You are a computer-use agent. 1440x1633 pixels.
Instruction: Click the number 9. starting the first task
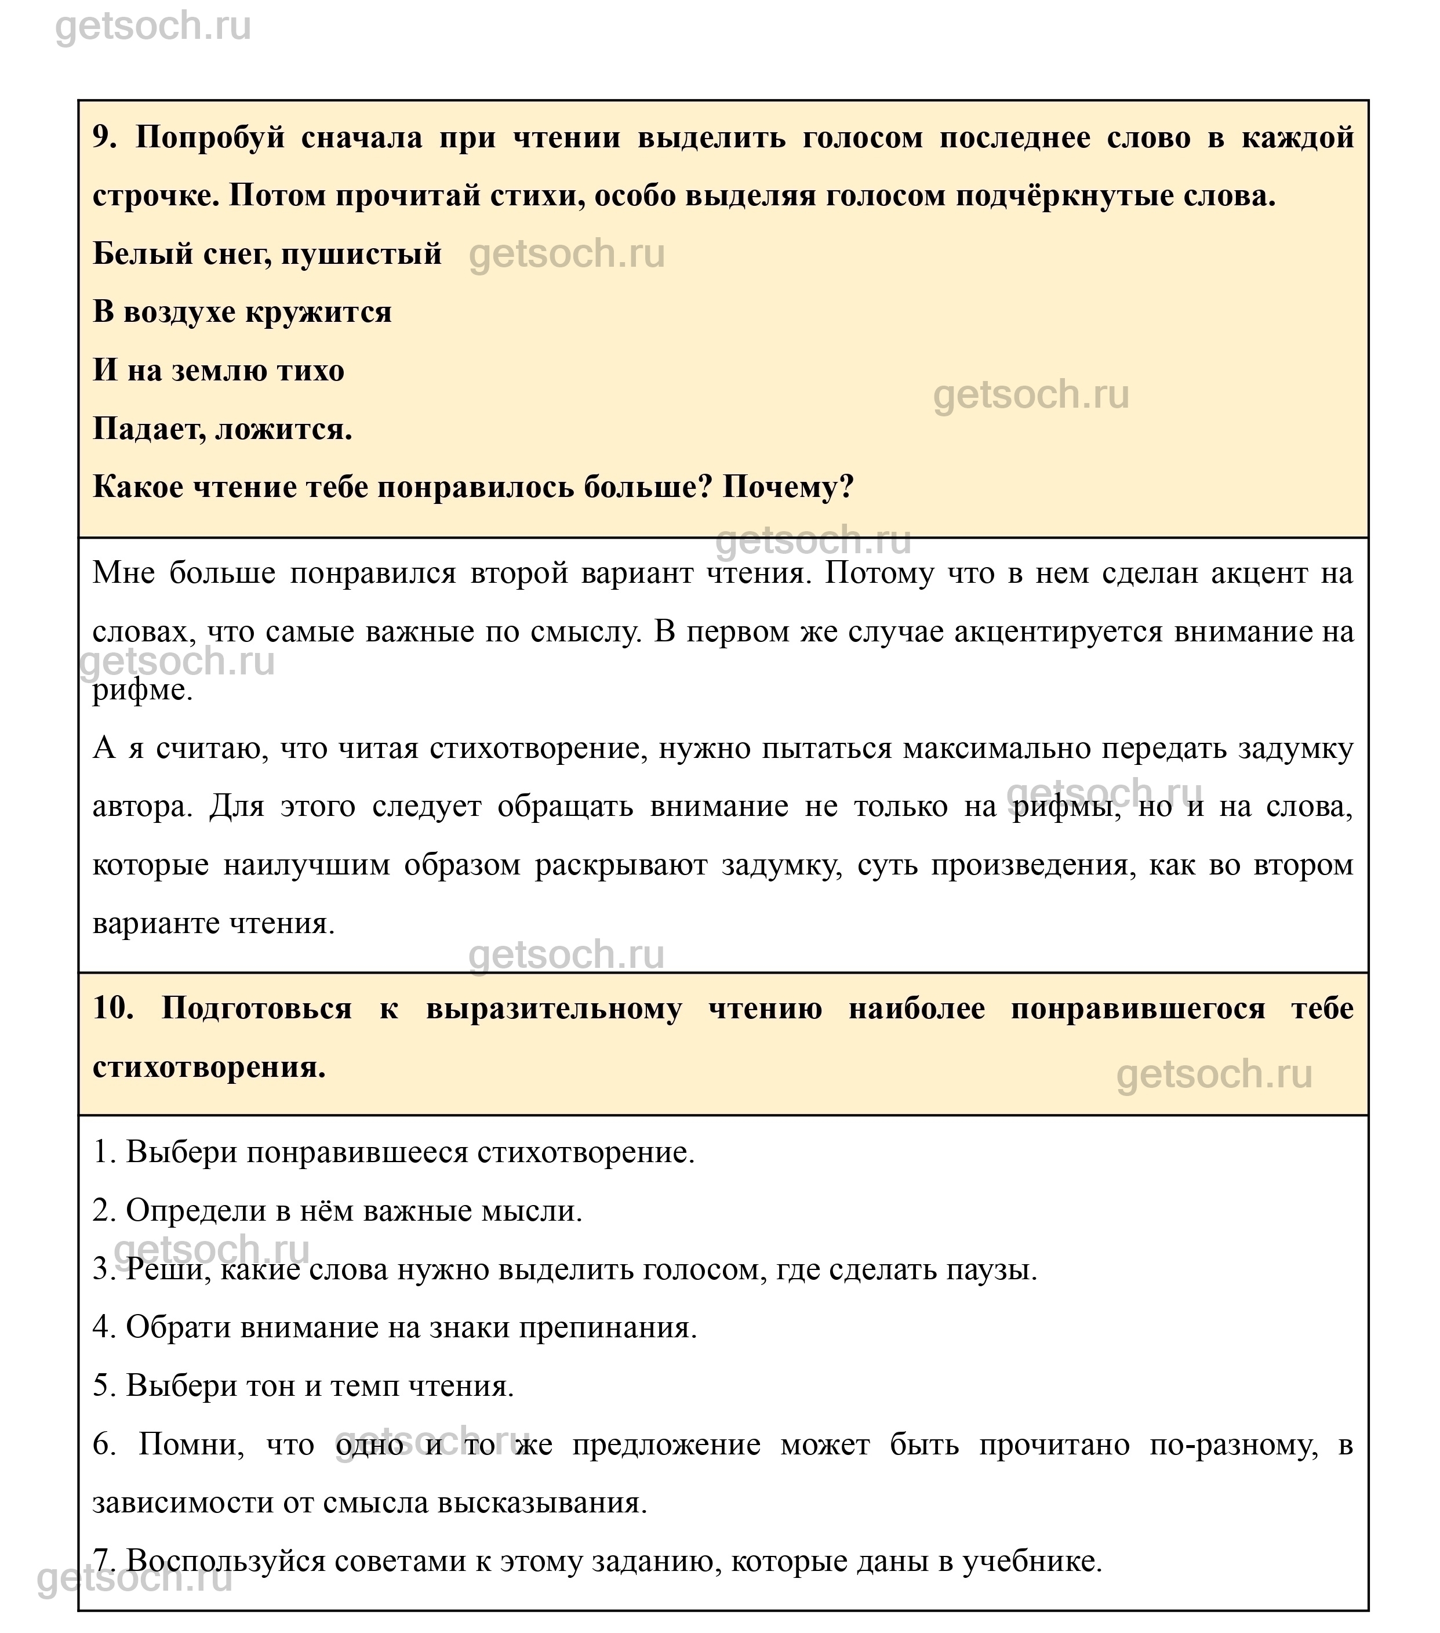pos(104,138)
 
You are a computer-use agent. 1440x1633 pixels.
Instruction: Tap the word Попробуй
pos(210,138)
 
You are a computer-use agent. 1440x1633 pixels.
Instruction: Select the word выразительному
pos(554,1009)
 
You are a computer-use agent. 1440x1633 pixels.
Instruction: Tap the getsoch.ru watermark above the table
pos(154,26)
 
